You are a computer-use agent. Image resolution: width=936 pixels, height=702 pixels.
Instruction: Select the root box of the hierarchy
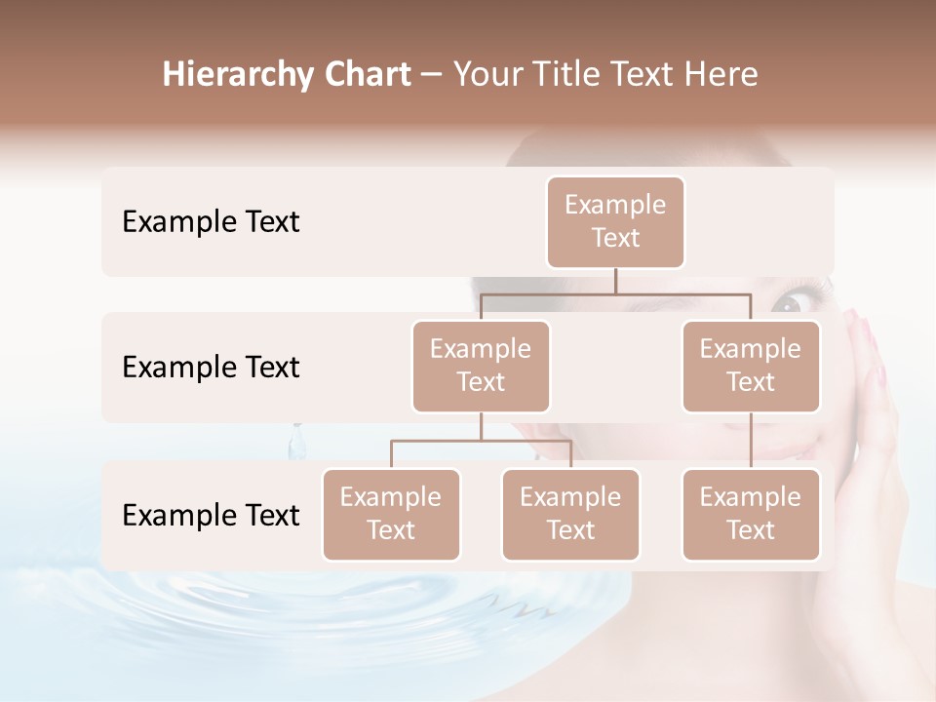tap(615, 221)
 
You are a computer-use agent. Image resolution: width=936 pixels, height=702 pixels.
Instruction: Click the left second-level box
tap(481, 366)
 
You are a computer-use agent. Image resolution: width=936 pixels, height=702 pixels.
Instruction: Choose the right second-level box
tap(751, 366)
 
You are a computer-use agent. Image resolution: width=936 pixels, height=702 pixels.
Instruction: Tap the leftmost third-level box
tap(391, 514)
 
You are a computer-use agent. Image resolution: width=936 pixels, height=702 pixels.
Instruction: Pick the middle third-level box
tap(570, 514)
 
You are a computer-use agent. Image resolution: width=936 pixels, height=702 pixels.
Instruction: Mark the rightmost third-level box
tap(751, 514)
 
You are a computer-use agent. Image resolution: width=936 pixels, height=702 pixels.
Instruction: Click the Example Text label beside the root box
tap(211, 221)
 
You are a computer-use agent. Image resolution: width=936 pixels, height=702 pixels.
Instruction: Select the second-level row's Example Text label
tap(211, 367)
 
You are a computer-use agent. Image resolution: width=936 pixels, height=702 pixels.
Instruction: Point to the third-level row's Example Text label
tap(211, 515)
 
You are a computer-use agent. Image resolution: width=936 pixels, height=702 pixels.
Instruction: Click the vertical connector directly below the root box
tap(615, 281)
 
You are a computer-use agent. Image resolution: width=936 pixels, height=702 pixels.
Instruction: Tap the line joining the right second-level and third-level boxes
tap(751, 441)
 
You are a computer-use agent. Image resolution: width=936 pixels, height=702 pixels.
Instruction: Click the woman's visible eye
tap(788, 303)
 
